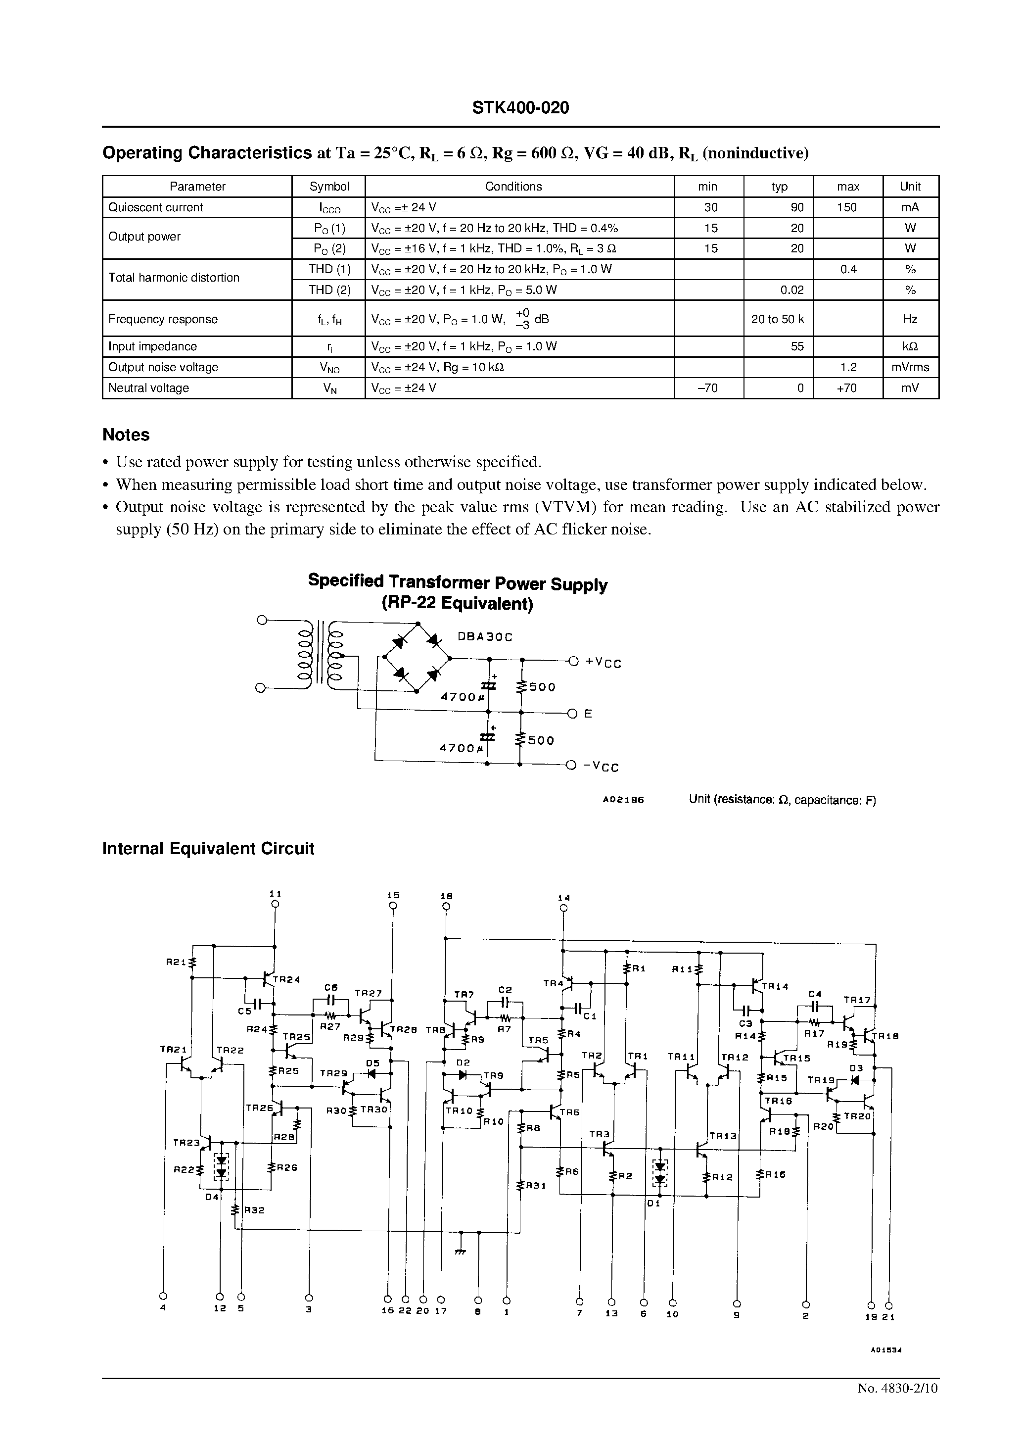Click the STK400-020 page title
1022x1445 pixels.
[520, 108]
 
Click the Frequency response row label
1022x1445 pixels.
[163, 319]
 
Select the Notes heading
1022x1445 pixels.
[126, 435]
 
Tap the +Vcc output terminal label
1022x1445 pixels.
[603, 663]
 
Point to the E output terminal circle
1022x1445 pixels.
[572, 714]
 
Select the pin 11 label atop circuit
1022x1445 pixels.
[275, 894]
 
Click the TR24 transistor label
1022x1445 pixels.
[286, 980]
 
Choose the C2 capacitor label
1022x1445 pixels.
[505, 990]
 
